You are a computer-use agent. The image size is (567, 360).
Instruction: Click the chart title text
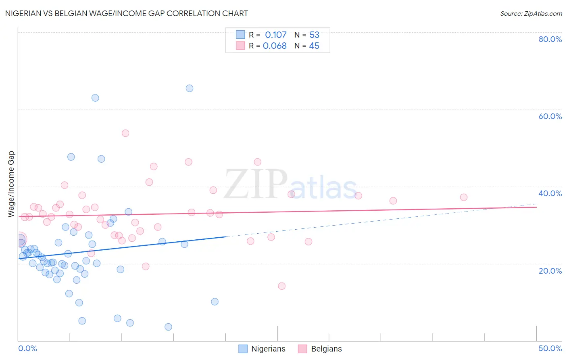tap(126, 13)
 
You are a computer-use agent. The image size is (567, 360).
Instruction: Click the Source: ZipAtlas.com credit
tap(531, 14)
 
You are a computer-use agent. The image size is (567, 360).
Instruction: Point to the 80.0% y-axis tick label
tap(550, 39)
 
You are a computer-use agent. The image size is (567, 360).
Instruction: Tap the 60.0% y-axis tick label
tap(550, 116)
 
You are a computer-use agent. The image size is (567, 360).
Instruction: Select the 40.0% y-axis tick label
tap(550, 193)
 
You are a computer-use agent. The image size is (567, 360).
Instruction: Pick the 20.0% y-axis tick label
tap(550, 271)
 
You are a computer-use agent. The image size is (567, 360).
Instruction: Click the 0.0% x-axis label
tap(27, 348)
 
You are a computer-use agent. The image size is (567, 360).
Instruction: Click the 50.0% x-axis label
tap(550, 348)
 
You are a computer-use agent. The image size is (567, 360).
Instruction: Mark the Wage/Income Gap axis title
tap(11, 184)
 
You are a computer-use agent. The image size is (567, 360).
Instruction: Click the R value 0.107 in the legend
tap(275, 35)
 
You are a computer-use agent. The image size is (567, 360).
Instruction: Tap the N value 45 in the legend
tap(314, 46)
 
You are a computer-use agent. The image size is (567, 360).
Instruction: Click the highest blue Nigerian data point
tap(190, 88)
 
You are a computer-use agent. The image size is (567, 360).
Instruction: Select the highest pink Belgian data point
tap(125, 133)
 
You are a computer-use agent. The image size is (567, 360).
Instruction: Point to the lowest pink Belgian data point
tap(282, 286)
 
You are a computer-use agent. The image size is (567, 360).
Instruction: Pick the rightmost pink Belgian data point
tap(464, 197)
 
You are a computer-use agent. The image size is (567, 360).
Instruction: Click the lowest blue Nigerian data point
tap(169, 327)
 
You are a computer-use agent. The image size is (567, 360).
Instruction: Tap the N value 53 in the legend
tap(314, 35)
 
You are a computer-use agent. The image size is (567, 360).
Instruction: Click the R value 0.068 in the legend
tap(275, 46)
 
